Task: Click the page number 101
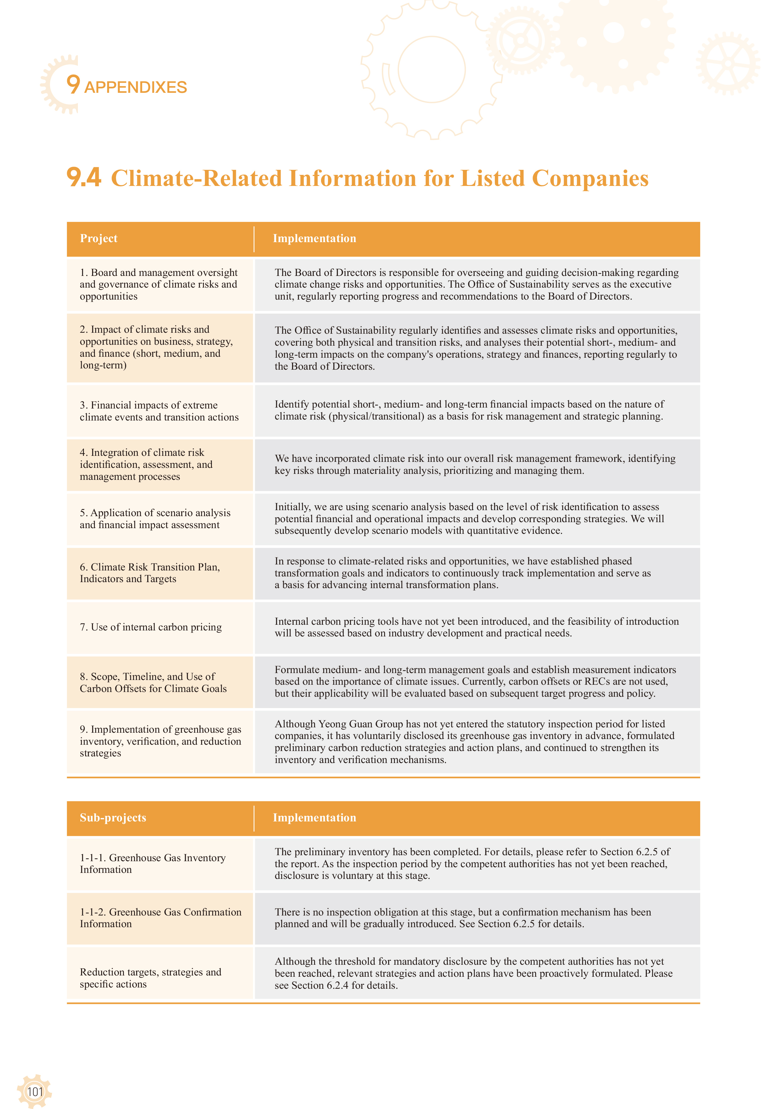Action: point(35,1091)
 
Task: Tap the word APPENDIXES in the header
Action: point(135,87)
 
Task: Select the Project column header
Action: point(99,239)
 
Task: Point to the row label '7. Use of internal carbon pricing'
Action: point(151,627)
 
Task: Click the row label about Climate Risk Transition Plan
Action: point(150,573)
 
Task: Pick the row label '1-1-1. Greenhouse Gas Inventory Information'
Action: point(153,863)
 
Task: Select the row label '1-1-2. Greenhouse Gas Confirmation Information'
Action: point(160,918)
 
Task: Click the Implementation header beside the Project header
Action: point(314,239)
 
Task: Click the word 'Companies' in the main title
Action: point(590,178)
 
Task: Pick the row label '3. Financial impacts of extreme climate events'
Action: point(159,411)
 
